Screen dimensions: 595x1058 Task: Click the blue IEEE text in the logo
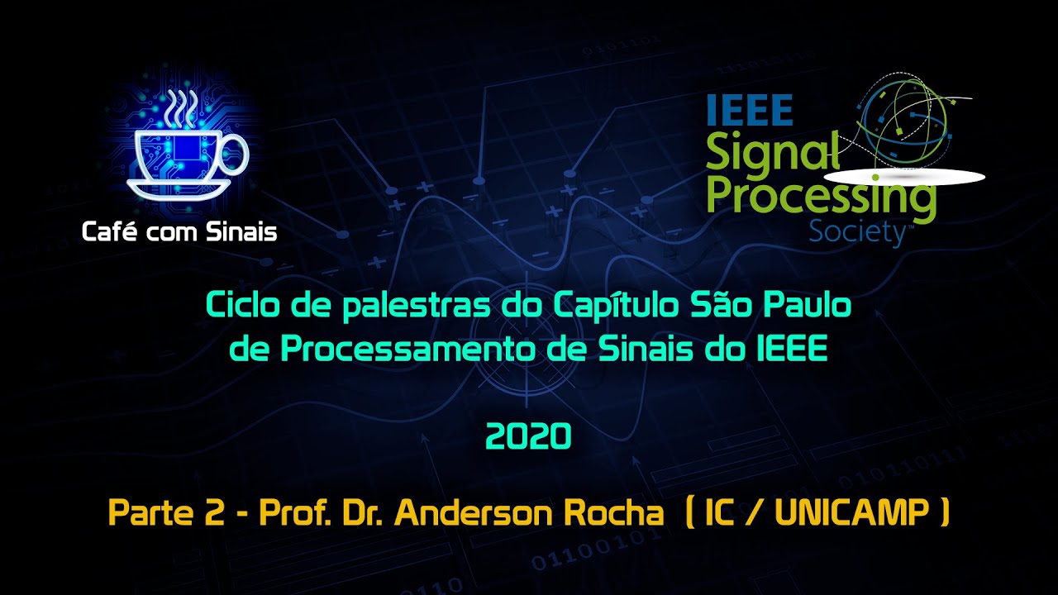(x=750, y=110)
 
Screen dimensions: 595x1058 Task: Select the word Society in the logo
(x=857, y=232)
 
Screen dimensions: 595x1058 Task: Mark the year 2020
(x=529, y=436)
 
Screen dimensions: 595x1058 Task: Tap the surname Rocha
(x=612, y=514)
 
